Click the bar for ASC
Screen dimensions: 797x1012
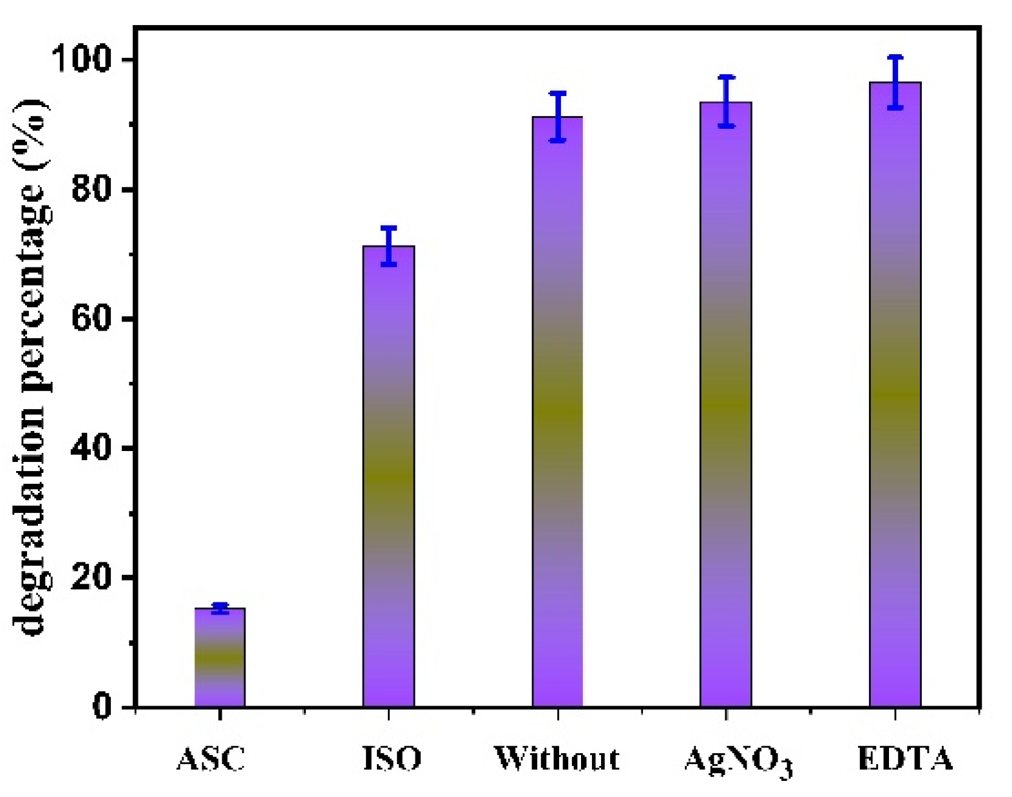(220, 657)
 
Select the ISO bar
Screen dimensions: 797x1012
(388, 477)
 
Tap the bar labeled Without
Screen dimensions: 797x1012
(557, 412)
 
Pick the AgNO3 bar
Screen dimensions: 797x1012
(726, 406)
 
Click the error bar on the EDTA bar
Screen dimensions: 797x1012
(895, 82)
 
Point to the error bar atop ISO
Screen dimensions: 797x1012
(388, 245)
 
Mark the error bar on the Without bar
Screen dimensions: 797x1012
(557, 116)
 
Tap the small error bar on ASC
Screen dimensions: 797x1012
(220, 608)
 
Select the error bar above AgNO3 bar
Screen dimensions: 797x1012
(726, 101)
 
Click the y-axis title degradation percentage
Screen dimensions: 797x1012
(30, 367)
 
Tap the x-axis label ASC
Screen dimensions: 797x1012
(211, 758)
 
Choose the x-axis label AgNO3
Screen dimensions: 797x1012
(738, 760)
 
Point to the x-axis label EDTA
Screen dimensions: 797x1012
(905, 758)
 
